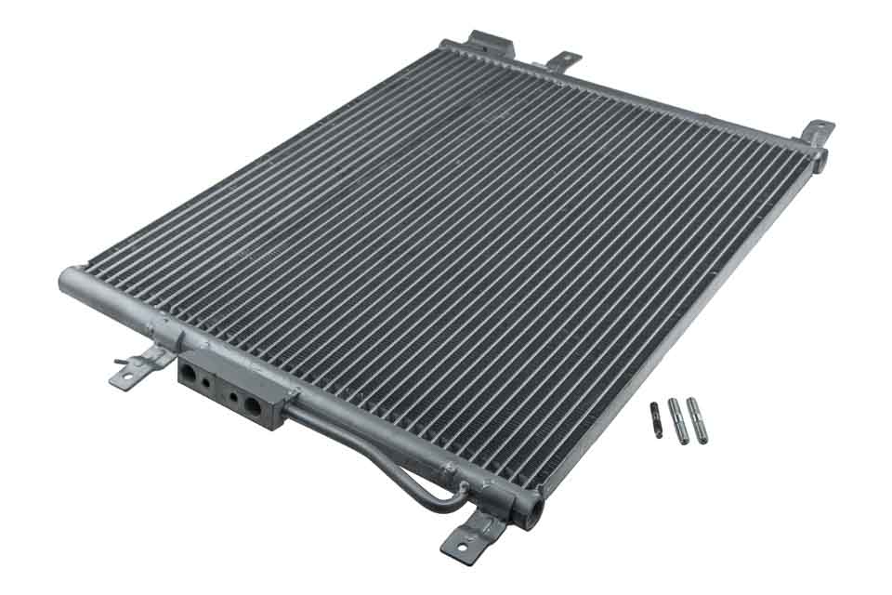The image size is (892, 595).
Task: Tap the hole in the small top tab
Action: pos(564,59)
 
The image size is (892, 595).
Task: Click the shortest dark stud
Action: pos(657,420)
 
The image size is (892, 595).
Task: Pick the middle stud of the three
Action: pos(678,421)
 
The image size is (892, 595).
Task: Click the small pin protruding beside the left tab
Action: pos(120,362)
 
